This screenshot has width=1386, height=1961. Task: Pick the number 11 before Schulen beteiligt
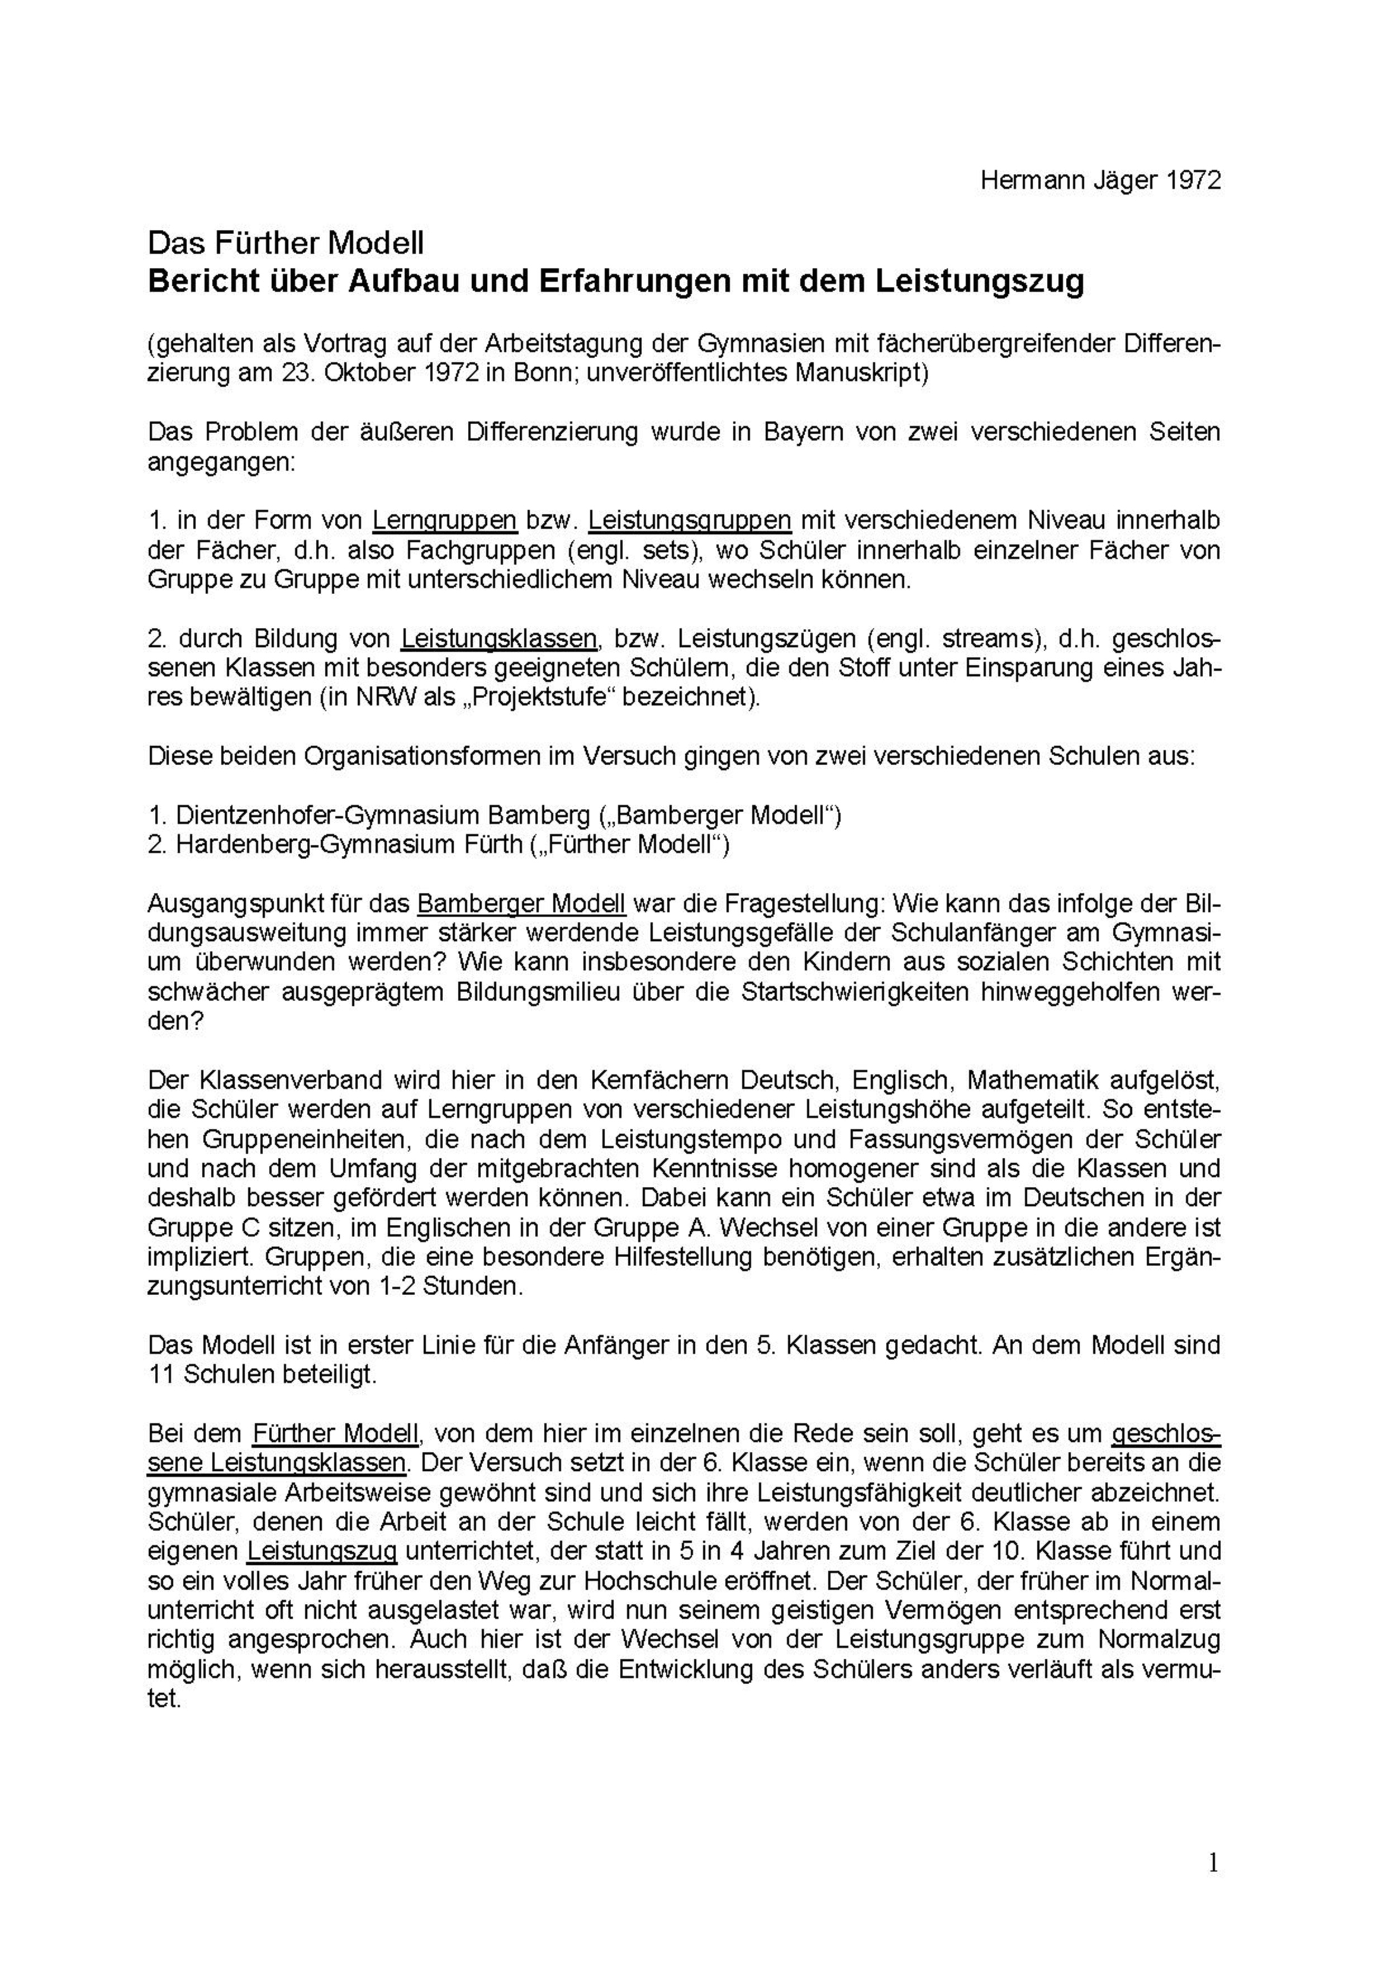click(x=162, y=1375)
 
